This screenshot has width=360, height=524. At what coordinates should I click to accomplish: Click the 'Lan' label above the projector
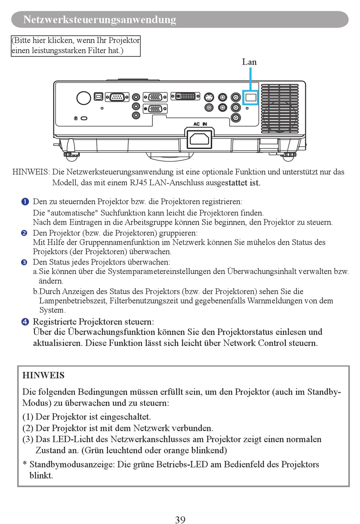click(249, 62)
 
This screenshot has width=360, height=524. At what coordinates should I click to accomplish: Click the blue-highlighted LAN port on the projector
click(250, 98)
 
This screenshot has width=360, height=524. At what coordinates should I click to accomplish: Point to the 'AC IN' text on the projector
click(200, 124)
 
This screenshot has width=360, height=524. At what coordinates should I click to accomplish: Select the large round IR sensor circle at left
click(83, 98)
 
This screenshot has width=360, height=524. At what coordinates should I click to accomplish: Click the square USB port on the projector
click(98, 97)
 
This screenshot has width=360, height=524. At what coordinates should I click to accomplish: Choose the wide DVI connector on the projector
click(185, 96)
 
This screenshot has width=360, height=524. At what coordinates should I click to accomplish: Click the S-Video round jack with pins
click(209, 97)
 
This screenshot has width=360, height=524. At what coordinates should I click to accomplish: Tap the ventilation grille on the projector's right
click(280, 108)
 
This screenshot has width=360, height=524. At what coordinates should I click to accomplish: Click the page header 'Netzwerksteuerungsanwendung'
click(100, 20)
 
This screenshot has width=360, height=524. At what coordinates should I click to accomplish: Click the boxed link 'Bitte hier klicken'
click(76, 45)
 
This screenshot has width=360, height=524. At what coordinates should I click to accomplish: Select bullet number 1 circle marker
click(25, 202)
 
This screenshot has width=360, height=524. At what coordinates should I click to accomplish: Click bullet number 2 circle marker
click(24, 233)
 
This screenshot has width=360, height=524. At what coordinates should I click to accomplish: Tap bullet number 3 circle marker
click(24, 262)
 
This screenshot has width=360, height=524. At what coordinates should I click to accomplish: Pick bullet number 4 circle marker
click(25, 322)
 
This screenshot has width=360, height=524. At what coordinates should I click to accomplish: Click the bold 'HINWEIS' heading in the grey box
click(43, 375)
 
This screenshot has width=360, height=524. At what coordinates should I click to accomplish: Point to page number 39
click(180, 519)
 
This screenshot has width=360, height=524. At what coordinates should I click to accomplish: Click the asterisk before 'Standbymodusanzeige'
click(25, 464)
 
